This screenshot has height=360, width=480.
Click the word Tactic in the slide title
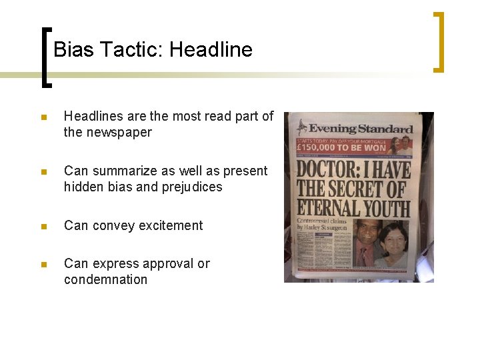129,49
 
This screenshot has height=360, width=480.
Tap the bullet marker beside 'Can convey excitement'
43,226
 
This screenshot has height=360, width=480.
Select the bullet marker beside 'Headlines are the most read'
43,117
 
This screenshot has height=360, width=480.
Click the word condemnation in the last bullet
105,279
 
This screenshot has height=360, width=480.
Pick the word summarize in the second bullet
121,171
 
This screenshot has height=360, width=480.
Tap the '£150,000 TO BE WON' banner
343,148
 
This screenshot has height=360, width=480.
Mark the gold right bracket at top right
438,41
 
